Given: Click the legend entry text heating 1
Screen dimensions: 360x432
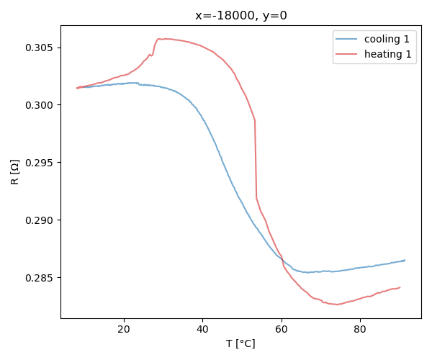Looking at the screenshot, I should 387,54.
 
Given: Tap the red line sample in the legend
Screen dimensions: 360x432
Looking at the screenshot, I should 346,54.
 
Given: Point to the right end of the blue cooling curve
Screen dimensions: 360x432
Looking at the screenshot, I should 405,260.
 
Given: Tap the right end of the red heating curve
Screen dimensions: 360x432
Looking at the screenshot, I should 400,287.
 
